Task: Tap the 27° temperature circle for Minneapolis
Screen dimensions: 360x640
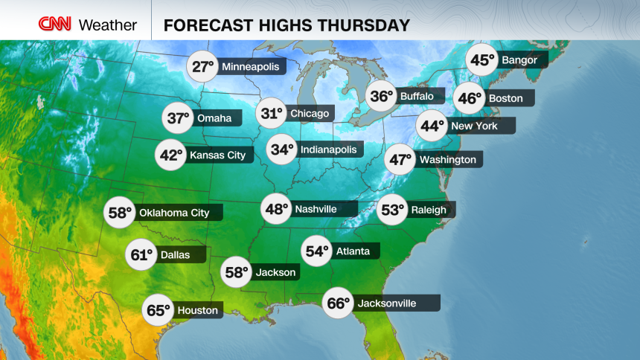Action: (202, 67)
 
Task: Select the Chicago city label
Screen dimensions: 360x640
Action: (309, 114)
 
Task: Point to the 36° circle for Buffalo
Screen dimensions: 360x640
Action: (383, 97)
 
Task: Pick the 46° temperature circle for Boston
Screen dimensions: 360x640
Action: (469, 98)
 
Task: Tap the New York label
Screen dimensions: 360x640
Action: (474, 126)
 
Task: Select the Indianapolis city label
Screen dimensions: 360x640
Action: (327, 150)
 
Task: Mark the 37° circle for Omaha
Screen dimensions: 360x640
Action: (178, 118)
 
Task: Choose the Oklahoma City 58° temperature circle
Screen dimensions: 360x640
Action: (121, 213)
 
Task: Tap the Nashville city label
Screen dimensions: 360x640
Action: (316, 209)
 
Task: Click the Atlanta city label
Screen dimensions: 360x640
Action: (352, 251)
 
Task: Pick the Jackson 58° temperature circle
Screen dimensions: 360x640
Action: (237, 273)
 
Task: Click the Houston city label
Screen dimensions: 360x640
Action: (197, 310)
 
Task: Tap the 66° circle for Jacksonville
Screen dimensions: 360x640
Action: (337, 303)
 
